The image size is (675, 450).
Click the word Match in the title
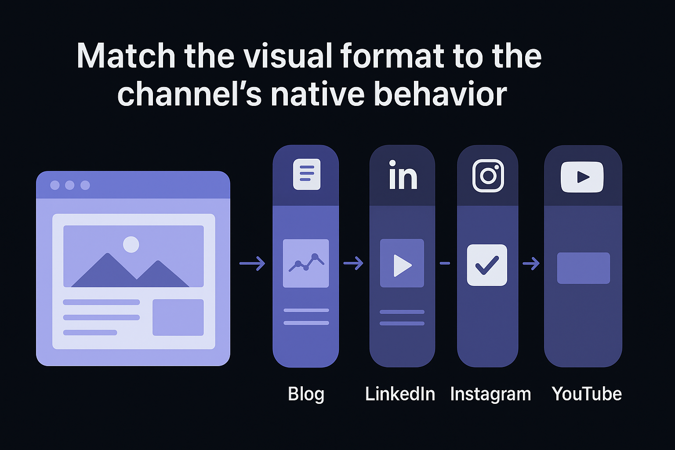tap(126, 56)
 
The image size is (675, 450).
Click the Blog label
tap(306, 394)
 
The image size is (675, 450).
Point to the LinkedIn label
tap(400, 394)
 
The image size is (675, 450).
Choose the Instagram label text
tap(490, 394)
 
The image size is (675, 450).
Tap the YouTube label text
tap(587, 394)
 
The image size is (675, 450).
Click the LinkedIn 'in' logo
tap(403, 175)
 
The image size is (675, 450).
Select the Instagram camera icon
tap(488, 176)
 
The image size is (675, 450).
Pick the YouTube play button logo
tap(582, 177)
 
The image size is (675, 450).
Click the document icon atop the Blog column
tap(307, 174)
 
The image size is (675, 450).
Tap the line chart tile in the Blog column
tap(306, 263)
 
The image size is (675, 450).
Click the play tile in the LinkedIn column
tap(402, 263)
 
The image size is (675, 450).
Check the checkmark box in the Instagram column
tap(487, 265)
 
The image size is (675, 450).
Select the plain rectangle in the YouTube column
tap(584, 268)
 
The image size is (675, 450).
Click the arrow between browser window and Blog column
tap(252, 263)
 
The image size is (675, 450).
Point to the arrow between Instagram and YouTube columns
tap(531, 263)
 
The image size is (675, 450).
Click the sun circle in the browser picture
tap(131, 244)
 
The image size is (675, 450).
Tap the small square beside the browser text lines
tap(178, 317)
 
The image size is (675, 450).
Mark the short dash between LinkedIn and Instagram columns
tap(445, 263)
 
